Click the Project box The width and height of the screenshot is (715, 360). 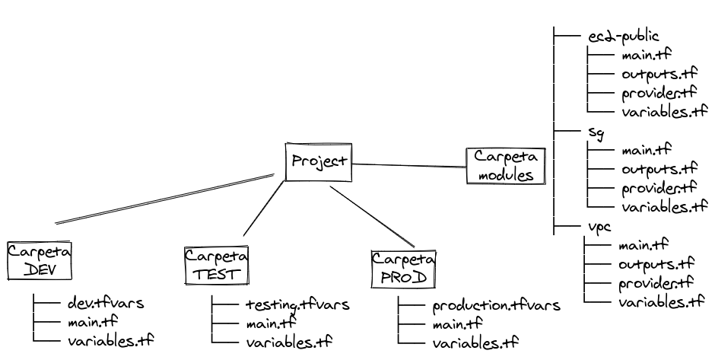[x=319, y=161]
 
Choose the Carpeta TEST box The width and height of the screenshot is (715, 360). [x=217, y=266]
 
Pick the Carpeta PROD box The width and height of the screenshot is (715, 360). [x=403, y=268]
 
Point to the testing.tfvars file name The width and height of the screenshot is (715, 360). [x=297, y=305]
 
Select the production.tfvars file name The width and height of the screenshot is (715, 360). [x=496, y=306]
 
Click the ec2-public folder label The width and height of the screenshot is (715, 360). [x=623, y=36]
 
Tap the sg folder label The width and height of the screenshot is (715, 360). [x=596, y=131]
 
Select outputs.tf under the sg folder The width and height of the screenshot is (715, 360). [x=659, y=169]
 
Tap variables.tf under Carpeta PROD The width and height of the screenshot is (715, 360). [x=475, y=342]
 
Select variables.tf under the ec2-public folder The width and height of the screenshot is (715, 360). [x=664, y=112]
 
